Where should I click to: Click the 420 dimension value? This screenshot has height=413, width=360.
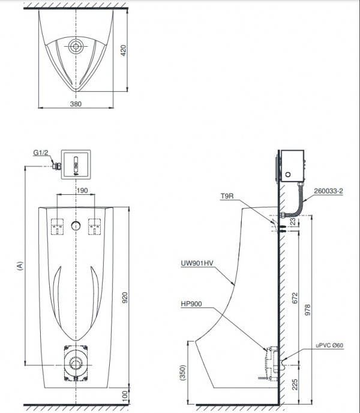[x=123, y=50]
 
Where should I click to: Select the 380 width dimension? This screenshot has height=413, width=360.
[x=76, y=104]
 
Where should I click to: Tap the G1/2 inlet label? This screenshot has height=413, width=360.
[x=41, y=152]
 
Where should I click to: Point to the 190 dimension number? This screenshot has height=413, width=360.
[x=82, y=191]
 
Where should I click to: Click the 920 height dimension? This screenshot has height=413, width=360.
[x=124, y=297]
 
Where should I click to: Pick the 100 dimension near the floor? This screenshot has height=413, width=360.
[x=125, y=396]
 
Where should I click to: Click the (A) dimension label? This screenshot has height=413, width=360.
[x=20, y=266]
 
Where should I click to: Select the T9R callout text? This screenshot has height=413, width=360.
[x=227, y=196]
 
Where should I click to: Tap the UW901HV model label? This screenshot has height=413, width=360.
[x=197, y=263]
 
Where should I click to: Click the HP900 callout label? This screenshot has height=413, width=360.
[x=191, y=304]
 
